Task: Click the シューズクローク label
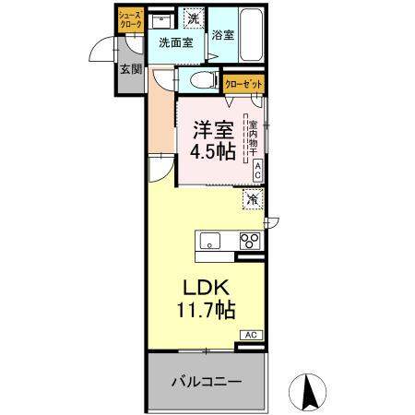pyautogui.click(x=129, y=19)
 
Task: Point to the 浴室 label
pyautogui.click(x=222, y=36)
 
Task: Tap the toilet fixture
pyautogui.click(x=202, y=80)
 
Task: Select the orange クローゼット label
pyautogui.click(x=244, y=83)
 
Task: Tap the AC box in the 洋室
pyautogui.click(x=257, y=170)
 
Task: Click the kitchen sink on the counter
pyautogui.click(x=211, y=242)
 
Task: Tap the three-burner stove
pyautogui.click(x=250, y=242)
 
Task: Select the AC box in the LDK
pyautogui.click(x=252, y=335)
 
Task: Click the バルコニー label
pyautogui.click(x=204, y=380)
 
